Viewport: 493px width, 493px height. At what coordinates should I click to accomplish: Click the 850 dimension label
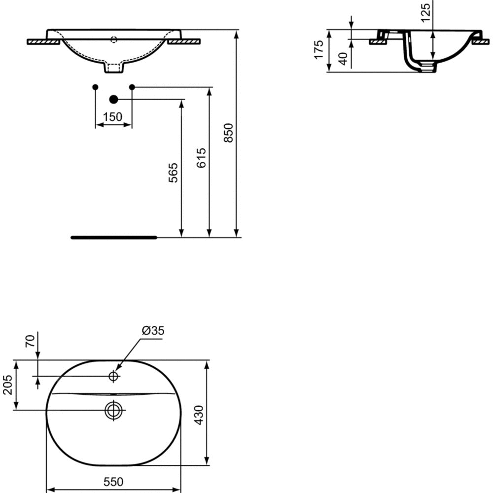tap(228, 133)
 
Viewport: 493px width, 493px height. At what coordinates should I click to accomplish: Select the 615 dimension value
tap(201, 158)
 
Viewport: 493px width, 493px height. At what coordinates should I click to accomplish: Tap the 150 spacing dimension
tap(113, 117)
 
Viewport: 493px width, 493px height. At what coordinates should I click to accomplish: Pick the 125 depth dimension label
tap(426, 8)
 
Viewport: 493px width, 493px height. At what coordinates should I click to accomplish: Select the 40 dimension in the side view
tap(344, 59)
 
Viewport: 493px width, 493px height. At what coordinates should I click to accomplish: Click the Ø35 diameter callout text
tap(153, 331)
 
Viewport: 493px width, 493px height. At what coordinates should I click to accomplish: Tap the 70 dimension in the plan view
tap(30, 341)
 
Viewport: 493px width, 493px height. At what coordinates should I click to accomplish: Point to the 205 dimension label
tap(7, 385)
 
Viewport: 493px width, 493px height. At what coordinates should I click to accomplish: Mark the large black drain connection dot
tap(114, 100)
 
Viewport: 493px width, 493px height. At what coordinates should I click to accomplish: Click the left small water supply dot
tap(95, 87)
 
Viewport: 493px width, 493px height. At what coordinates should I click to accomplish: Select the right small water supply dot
tap(132, 87)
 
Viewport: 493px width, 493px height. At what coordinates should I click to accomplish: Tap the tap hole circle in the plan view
tap(114, 377)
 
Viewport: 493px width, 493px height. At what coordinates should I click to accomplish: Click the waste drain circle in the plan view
tap(114, 410)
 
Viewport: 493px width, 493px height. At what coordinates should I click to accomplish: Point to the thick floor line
tap(114, 237)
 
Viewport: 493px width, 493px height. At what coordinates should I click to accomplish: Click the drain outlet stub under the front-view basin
tap(114, 69)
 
